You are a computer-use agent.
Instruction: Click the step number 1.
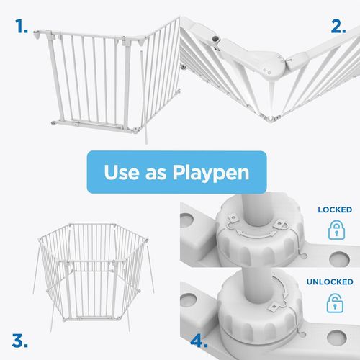coord(21,27)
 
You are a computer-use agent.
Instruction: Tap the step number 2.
coord(338,27)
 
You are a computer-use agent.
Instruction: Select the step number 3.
coord(19,341)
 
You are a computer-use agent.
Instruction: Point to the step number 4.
coord(199,341)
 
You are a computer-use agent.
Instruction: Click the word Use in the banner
coord(122,172)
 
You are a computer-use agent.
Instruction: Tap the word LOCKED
coord(335,210)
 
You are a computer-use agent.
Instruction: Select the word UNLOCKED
coord(330,282)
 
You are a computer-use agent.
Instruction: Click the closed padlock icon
coord(336,230)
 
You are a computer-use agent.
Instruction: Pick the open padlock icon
coord(335,302)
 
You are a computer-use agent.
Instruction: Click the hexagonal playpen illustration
coord(93,272)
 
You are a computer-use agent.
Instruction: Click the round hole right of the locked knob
coord(339,259)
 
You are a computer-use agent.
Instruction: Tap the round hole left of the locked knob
coord(186,220)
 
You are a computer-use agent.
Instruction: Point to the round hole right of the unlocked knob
coord(336,337)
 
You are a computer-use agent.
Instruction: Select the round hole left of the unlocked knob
coord(188,300)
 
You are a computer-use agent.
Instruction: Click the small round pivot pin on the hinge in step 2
coord(215,38)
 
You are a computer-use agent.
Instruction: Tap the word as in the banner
coord(156,174)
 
